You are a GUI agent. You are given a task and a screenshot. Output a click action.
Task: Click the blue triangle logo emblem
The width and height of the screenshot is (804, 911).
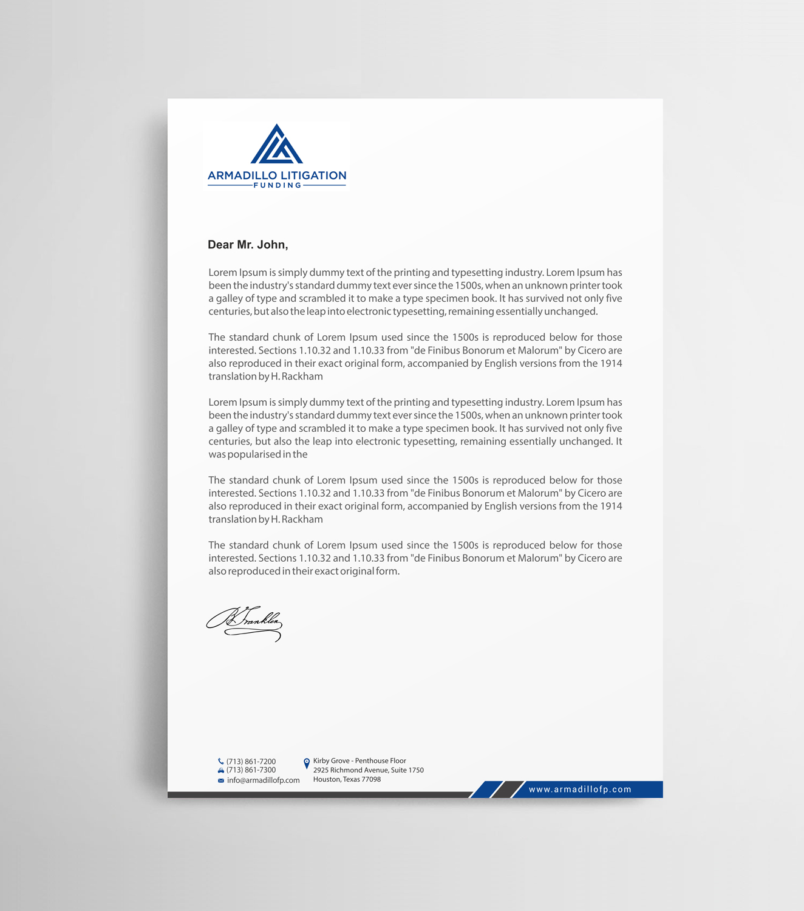point(276,145)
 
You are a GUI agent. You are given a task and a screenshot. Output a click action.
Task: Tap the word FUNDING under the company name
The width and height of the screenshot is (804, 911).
point(277,185)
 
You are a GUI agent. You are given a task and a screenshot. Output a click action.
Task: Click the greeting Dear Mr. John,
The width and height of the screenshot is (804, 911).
point(248,245)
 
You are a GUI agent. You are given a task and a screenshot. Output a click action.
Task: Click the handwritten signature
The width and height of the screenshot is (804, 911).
point(245,623)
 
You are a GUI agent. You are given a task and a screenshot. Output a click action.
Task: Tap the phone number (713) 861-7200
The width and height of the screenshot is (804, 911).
point(251,762)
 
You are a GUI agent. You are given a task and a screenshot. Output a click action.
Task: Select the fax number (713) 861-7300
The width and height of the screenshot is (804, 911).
point(251,770)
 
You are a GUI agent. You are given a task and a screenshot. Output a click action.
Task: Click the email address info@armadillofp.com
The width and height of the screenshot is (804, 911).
point(263,780)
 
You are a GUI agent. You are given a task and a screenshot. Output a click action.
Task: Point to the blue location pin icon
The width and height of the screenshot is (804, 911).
point(307,763)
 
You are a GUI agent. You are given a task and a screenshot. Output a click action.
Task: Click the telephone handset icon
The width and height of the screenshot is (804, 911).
point(220,762)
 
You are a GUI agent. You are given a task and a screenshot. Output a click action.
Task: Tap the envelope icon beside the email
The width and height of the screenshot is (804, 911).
point(221,780)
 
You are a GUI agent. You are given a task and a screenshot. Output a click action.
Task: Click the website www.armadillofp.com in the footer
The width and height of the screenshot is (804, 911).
point(580,790)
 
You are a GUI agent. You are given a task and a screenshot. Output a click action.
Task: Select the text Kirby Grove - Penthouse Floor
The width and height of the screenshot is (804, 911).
point(359,761)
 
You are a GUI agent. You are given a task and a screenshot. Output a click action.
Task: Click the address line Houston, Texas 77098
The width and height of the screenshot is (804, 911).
point(347,780)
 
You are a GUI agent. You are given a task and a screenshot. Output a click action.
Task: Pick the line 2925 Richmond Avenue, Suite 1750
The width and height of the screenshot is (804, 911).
point(368,770)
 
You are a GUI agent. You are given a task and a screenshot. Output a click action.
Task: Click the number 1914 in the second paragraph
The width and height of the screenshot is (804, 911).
point(611,363)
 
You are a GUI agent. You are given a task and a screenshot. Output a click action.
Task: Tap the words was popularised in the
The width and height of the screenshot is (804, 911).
point(258,454)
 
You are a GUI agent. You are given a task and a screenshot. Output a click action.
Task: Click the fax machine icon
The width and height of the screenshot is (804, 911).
point(221,771)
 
